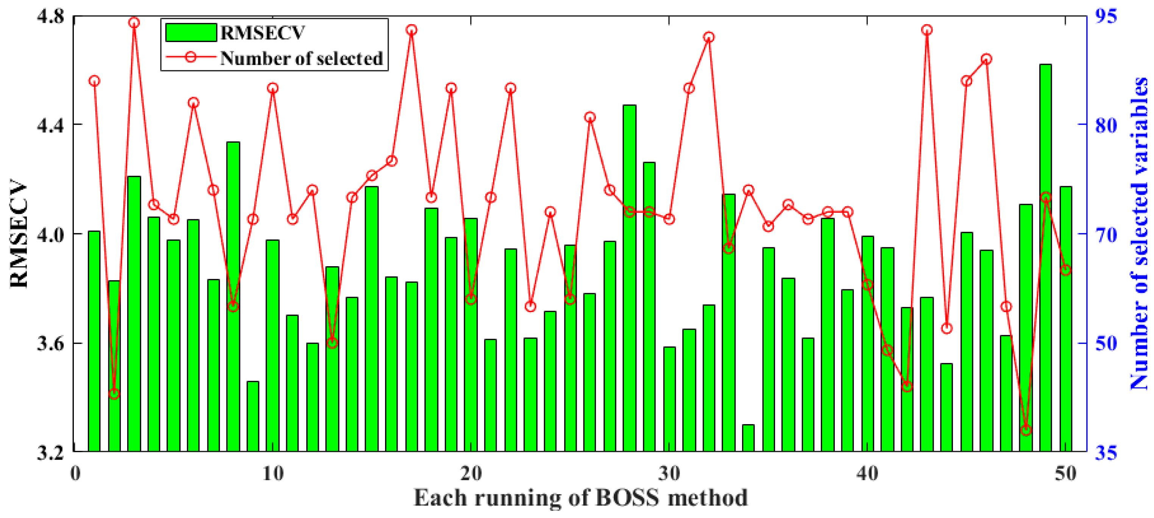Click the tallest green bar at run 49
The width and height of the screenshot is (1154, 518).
click(x=1046, y=257)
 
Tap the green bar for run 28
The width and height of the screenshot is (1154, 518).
click(x=629, y=278)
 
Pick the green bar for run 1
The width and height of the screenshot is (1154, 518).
click(x=94, y=340)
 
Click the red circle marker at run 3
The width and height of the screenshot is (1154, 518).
click(x=134, y=23)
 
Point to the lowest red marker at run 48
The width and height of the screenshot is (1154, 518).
click(x=1026, y=430)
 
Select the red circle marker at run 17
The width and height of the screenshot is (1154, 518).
click(x=412, y=30)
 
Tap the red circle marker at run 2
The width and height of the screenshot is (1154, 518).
click(x=114, y=394)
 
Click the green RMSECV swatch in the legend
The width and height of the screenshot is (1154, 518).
click(x=191, y=33)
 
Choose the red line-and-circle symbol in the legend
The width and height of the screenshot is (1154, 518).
click(x=191, y=57)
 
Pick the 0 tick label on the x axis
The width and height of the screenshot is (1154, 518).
click(x=75, y=473)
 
